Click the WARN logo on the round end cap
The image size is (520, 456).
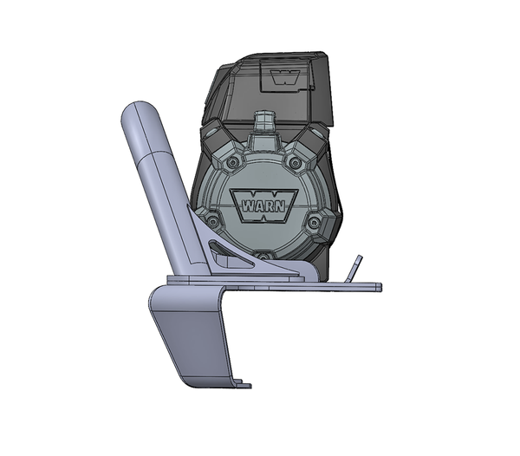(263, 205)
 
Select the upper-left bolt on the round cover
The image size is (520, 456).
(231, 162)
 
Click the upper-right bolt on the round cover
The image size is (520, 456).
(294, 162)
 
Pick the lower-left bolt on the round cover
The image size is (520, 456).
(211, 219)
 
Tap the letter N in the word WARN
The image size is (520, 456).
(279, 206)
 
